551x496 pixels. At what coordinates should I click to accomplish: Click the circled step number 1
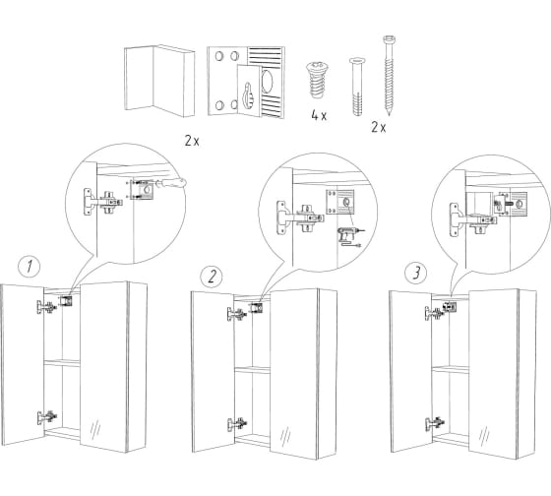30,267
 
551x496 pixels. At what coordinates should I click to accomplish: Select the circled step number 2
212,276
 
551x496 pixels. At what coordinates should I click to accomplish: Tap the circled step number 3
415,274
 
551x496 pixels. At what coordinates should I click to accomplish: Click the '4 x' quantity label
319,115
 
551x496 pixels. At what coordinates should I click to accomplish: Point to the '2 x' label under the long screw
379,127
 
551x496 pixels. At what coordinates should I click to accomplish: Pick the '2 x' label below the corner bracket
192,141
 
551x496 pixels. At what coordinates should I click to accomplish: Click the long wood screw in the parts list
389,75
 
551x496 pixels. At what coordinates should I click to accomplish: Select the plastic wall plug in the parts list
356,87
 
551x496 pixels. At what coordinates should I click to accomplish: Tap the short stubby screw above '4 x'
317,80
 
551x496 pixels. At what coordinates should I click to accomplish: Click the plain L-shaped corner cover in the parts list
159,81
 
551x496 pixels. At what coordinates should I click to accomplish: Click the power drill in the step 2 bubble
348,236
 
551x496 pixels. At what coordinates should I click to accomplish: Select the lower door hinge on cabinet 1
47,417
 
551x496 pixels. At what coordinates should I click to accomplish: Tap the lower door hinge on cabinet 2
237,424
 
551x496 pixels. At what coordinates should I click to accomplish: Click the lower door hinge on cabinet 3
435,424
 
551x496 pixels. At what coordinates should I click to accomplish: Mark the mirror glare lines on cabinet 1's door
95,428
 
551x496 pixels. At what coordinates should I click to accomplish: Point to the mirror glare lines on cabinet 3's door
484,435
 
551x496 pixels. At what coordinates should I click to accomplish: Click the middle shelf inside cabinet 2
252,370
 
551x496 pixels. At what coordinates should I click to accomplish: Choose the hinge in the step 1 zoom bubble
103,202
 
